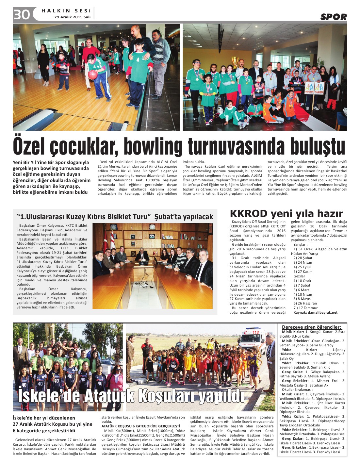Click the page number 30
click(x=22, y=15)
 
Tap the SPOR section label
click(x=333, y=17)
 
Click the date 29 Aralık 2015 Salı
click(x=72, y=17)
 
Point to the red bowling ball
click(x=93, y=74)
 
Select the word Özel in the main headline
click(x=30, y=147)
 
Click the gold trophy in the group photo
click(x=235, y=61)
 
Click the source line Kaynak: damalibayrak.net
click(x=315, y=312)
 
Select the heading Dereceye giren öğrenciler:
click(x=311, y=327)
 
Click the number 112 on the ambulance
click(x=255, y=332)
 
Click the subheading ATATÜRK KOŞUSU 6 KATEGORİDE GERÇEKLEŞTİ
click(x=141, y=426)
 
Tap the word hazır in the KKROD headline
click(x=327, y=214)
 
